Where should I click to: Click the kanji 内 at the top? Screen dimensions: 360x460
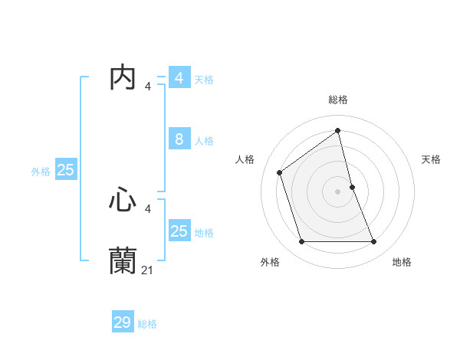(123, 77)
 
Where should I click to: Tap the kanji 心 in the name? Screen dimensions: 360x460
(123, 200)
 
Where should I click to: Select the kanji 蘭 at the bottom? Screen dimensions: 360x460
(123, 260)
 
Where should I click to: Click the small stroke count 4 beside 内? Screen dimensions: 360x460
(148, 86)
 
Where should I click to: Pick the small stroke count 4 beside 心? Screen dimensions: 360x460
(148, 208)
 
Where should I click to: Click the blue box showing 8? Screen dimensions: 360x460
(179, 139)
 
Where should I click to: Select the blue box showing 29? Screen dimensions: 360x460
(123, 322)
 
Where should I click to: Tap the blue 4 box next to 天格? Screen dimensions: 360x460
(179, 77)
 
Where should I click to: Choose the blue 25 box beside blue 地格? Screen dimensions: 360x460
(179, 231)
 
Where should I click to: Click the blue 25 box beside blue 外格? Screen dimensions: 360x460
(66, 170)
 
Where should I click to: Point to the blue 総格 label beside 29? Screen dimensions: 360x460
(147, 324)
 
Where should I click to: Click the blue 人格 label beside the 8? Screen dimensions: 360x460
(204, 141)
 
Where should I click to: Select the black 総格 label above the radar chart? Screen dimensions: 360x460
(338, 100)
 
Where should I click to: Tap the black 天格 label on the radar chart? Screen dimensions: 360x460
(431, 159)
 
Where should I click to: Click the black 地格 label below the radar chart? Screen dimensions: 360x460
(402, 262)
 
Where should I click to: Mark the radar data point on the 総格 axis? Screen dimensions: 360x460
(338, 130)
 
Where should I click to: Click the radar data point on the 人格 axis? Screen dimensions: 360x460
(280, 172)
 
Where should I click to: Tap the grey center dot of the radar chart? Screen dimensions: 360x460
(338, 191)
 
